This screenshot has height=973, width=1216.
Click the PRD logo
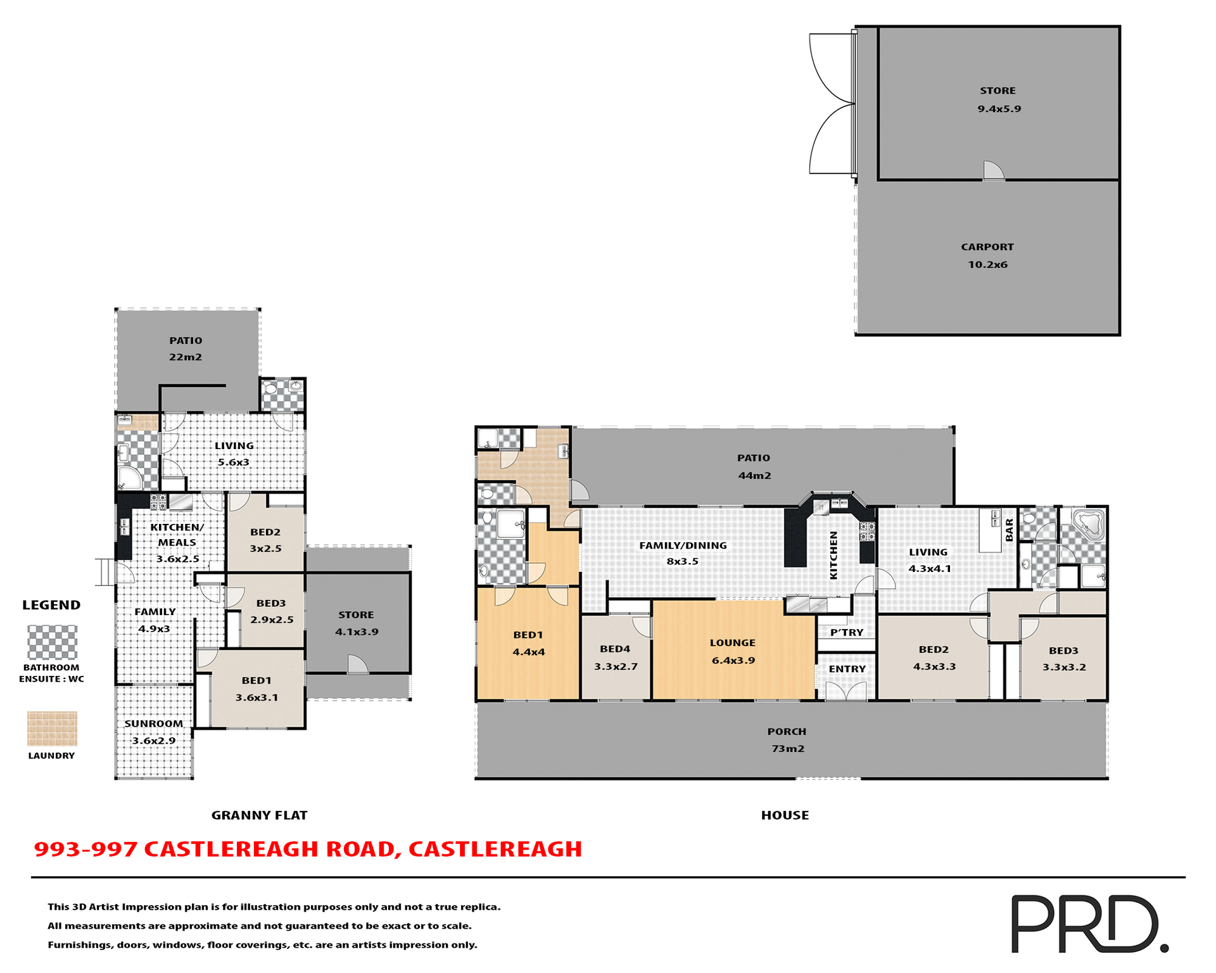click(x=1089, y=923)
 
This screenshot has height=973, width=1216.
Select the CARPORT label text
click(x=987, y=247)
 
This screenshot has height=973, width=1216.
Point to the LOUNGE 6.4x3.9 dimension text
click(x=733, y=660)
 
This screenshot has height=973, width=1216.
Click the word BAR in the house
click(x=1010, y=530)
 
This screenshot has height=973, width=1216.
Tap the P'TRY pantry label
click(x=847, y=632)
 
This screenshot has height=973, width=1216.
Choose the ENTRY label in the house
click(x=847, y=669)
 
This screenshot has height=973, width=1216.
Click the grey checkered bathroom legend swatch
click(x=52, y=642)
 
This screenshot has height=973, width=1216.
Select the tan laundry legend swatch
click(x=52, y=728)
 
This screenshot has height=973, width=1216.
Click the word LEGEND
click(x=51, y=605)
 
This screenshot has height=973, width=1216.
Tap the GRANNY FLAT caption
click(x=259, y=815)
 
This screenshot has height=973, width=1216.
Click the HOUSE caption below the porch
click(x=785, y=815)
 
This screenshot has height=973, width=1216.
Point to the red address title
click(x=308, y=849)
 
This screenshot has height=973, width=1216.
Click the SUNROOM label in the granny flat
click(x=153, y=723)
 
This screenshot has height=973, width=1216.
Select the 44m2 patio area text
click(x=754, y=475)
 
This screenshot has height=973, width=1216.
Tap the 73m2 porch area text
click(x=787, y=748)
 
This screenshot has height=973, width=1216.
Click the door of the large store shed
click(x=993, y=171)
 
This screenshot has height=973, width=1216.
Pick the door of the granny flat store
click(x=357, y=665)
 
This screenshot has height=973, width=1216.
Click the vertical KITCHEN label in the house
click(x=833, y=555)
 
